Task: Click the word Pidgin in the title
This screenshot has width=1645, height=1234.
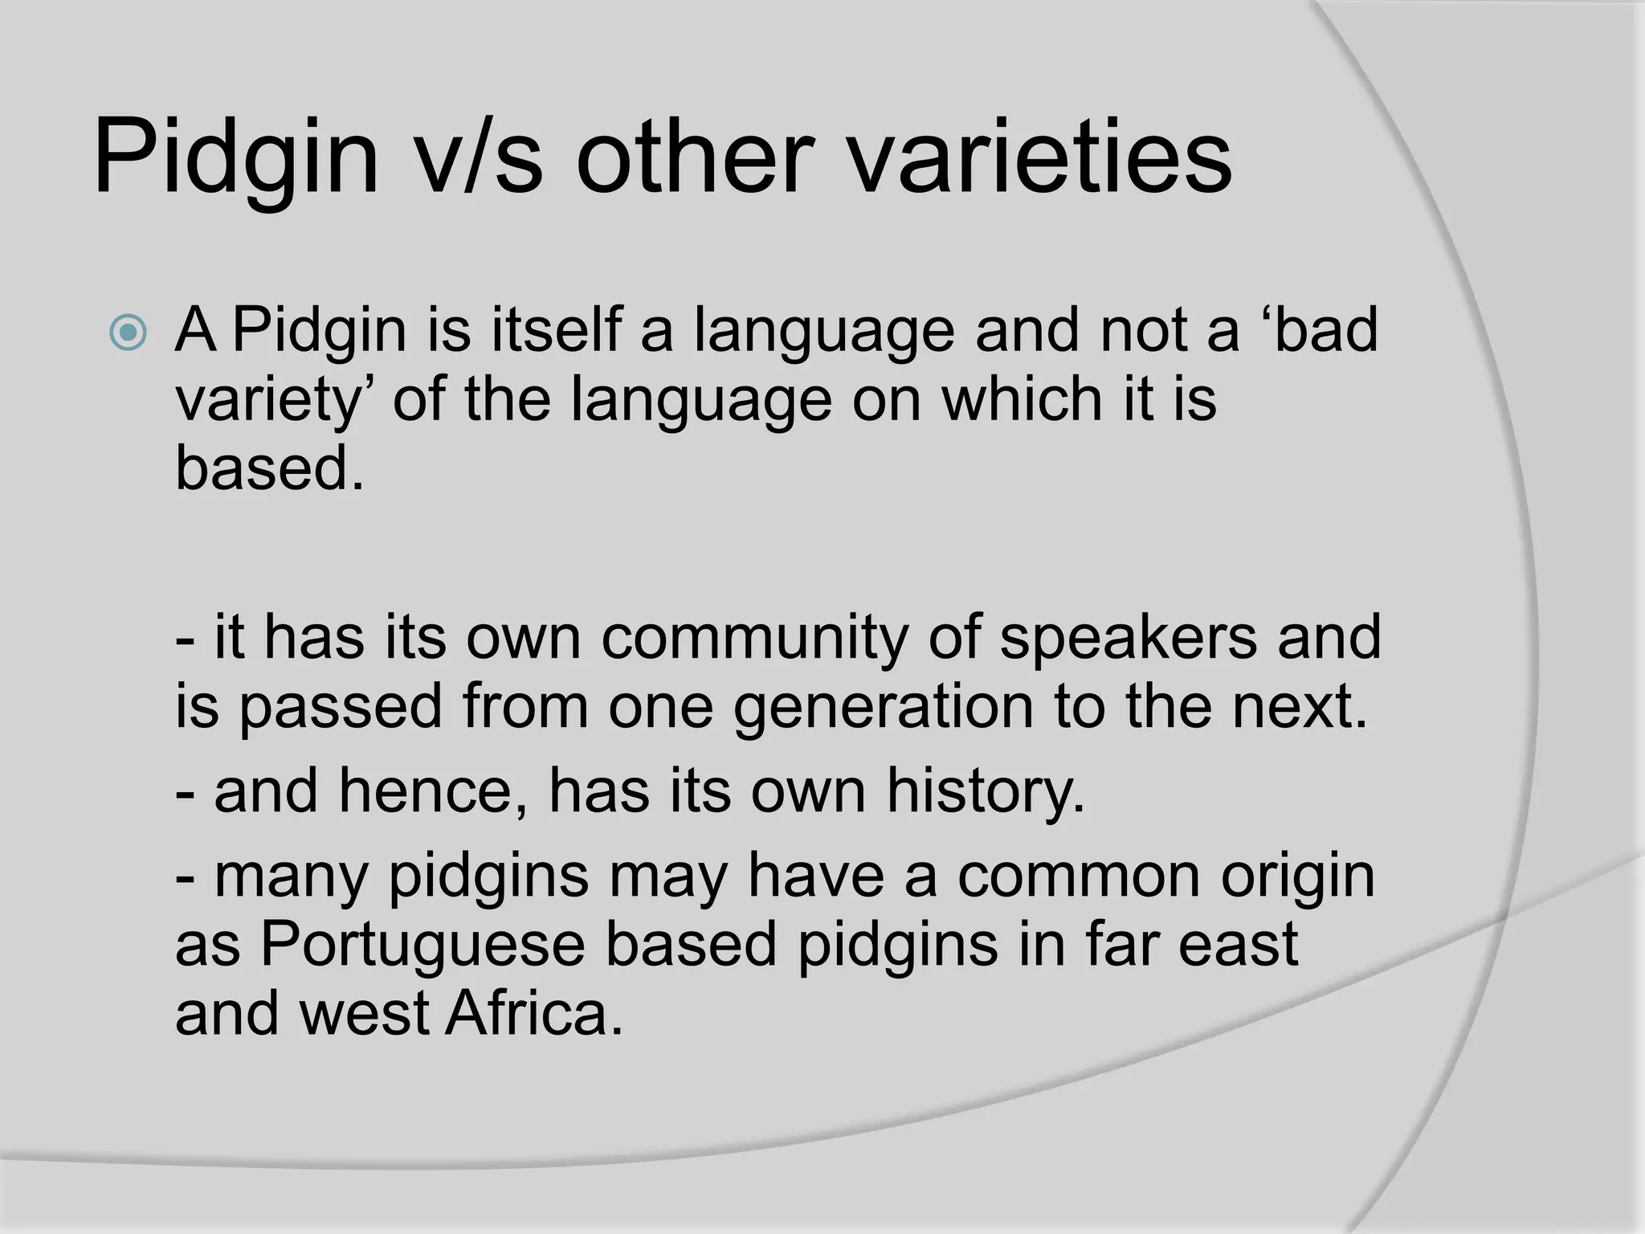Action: [x=235, y=157]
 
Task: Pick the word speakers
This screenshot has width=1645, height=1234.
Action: [x=1129, y=637]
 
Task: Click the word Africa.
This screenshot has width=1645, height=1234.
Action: [x=533, y=1013]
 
